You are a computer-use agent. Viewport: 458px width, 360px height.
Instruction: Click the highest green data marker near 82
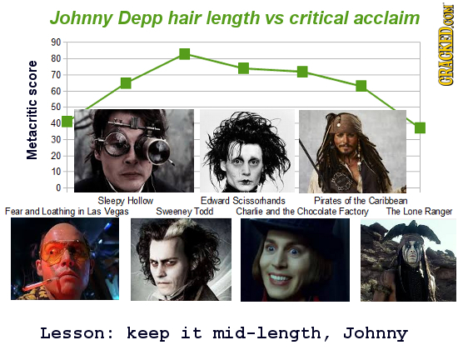coord(184,54)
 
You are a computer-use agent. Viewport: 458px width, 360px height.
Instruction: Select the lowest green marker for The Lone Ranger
coord(420,127)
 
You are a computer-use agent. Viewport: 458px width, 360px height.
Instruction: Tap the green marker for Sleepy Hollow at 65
coord(125,82)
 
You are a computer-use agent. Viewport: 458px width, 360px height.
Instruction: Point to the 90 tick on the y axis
coord(54,42)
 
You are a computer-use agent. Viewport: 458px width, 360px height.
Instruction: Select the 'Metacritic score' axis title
coord(32,109)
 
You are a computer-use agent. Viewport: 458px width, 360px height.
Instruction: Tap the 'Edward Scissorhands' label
coord(243,200)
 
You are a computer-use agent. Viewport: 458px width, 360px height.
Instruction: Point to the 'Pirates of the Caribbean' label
coord(361,200)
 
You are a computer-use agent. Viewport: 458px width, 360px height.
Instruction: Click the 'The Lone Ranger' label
coord(420,212)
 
